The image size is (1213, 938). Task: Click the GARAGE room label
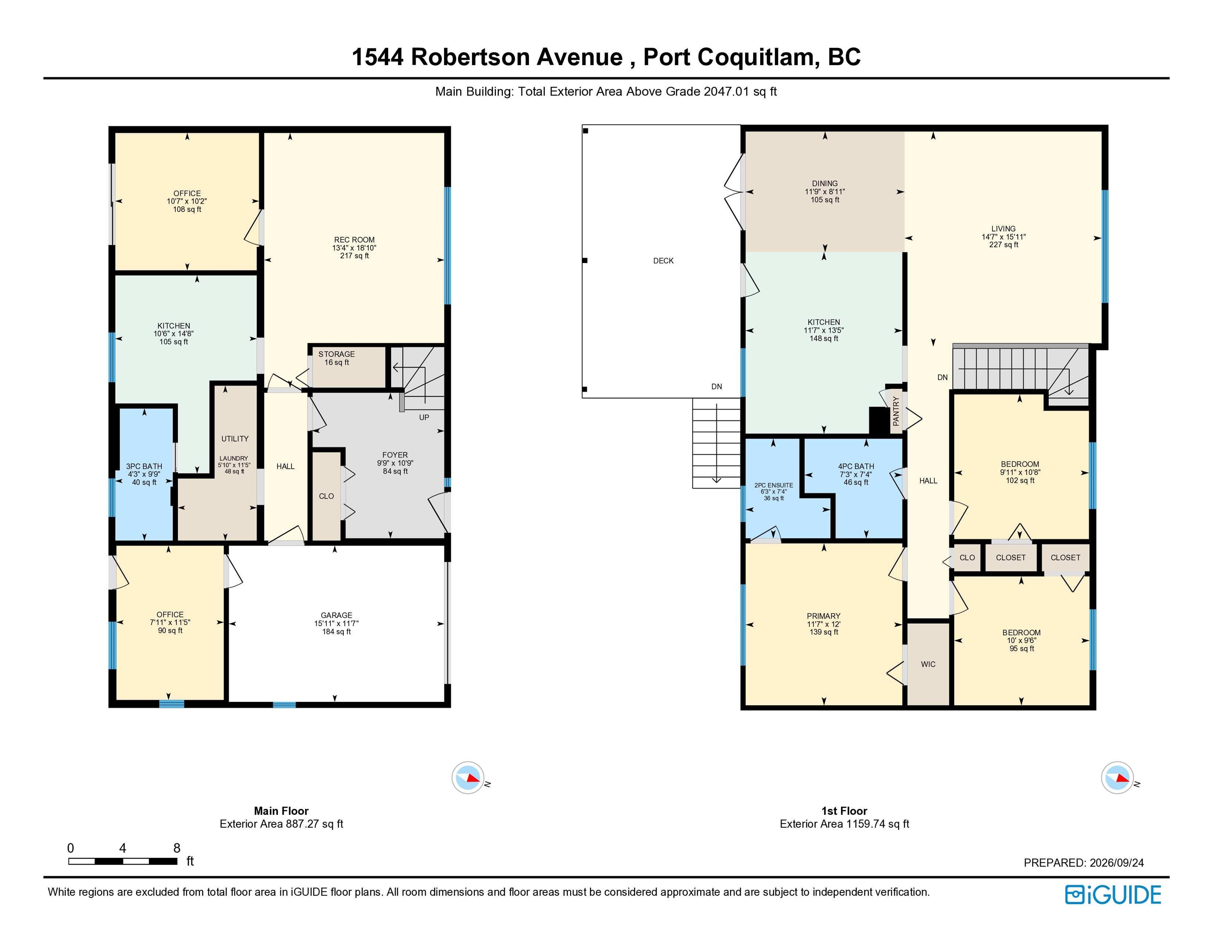(x=337, y=615)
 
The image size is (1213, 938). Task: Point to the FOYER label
(x=395, y=455)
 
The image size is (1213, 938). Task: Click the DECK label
(x=663, y=261)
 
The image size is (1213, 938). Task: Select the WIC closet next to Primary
(x=928, y=664)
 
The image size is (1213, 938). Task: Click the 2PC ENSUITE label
(x=774, y=485)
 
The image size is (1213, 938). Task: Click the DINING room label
(x=825, y=183)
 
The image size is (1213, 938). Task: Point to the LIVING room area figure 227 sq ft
(x=1003, y=245)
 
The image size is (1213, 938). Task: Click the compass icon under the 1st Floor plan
(x=1117, y=778)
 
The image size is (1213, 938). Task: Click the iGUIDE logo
(x=1113, y=895)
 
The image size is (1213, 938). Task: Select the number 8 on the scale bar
(x=177, y=848)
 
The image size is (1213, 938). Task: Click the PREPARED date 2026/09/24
(x=1117, y=863)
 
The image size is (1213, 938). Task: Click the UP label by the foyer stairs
(x=424, y=417)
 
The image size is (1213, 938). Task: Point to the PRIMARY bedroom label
(x=823, y=616)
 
